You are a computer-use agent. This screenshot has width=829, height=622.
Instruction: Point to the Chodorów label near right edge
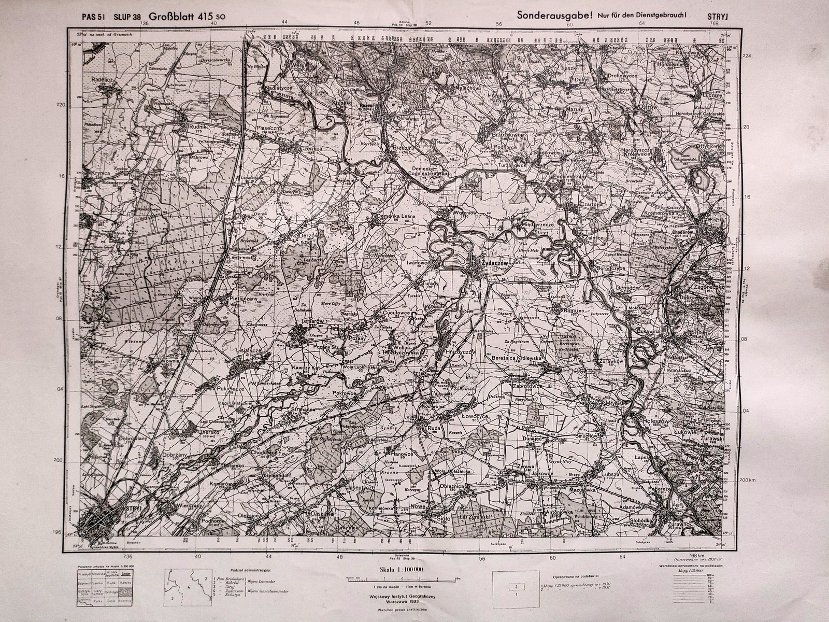click(x=709, y=233)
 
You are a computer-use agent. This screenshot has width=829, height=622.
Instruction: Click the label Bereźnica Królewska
click(x=515, y=358)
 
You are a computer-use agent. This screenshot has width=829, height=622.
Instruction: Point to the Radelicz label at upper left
click(x=102, y=80)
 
